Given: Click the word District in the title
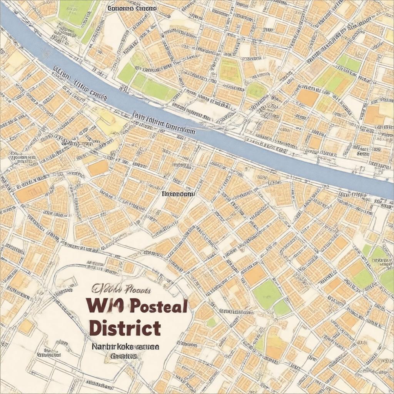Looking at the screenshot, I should [125, 328].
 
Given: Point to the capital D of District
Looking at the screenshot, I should [95, 328].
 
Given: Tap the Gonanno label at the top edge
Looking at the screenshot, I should [132, 8].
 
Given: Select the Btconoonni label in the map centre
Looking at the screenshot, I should [178, 194].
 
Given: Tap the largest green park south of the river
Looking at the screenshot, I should [267, 294].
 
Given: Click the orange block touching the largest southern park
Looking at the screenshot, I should [255, 275].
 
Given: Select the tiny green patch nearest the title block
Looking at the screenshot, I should [211, 322].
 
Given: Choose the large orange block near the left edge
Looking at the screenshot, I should [32, 192].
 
